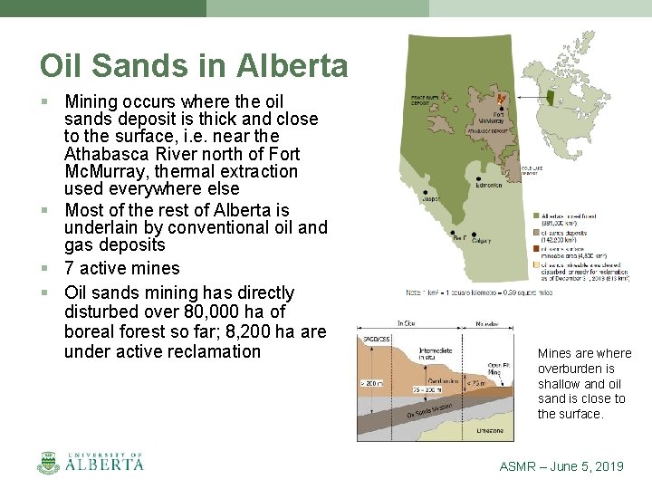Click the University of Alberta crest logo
[48, 462]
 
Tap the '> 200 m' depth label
[370, 385]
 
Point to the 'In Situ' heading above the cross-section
[406, 322]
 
